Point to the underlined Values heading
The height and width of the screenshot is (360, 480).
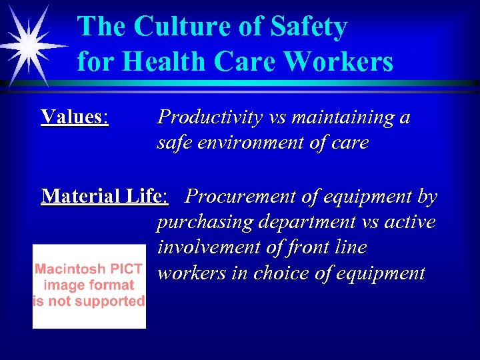click(74, 117)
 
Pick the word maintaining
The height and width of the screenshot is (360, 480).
click(339, 118)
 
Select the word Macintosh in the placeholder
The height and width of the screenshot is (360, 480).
click(67, 269)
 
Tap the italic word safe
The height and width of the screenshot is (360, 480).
click(173, 143)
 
